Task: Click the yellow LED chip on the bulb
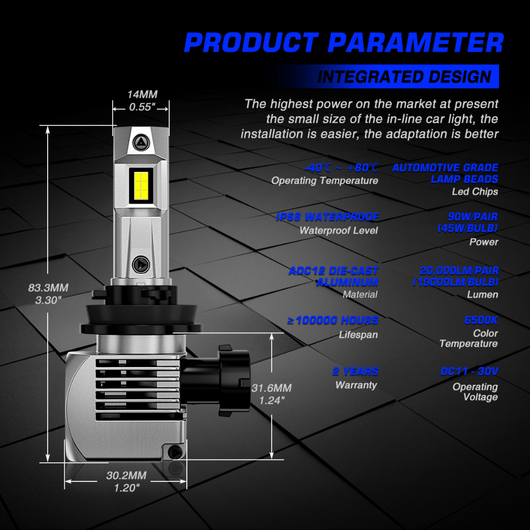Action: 141,185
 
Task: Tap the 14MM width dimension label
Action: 142,94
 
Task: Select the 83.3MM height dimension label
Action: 48,288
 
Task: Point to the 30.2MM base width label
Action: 126,476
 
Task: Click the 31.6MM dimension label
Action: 271,388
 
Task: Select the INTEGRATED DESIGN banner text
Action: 404,77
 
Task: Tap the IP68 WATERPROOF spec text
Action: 327,217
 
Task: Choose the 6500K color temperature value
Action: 481,320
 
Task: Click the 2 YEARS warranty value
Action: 355,371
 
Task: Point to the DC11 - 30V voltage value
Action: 469,371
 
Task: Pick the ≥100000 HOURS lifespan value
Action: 333,320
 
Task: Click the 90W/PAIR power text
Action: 473,216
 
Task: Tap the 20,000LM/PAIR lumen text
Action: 459,271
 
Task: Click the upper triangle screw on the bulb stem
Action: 141,143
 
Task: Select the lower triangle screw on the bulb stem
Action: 141,264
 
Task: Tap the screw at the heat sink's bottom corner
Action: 175,452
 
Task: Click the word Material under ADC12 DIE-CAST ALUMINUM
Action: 360,295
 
